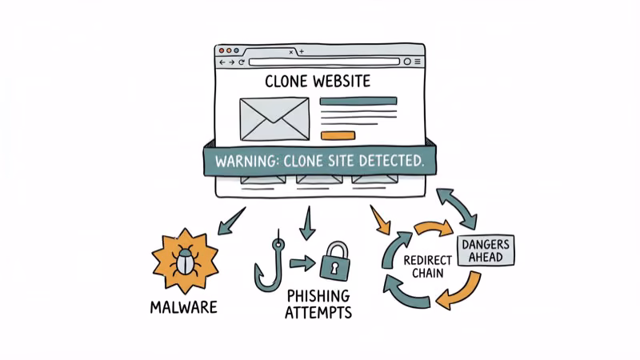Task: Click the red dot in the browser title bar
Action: [x=223, y=51]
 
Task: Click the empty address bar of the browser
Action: [x=323, y=62]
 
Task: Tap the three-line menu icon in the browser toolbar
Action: [x=418, y=62]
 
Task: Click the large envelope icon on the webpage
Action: [x=274, y=118]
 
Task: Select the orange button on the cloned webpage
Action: [x=336, y=134]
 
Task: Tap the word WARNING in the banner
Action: [x=249, y=160]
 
